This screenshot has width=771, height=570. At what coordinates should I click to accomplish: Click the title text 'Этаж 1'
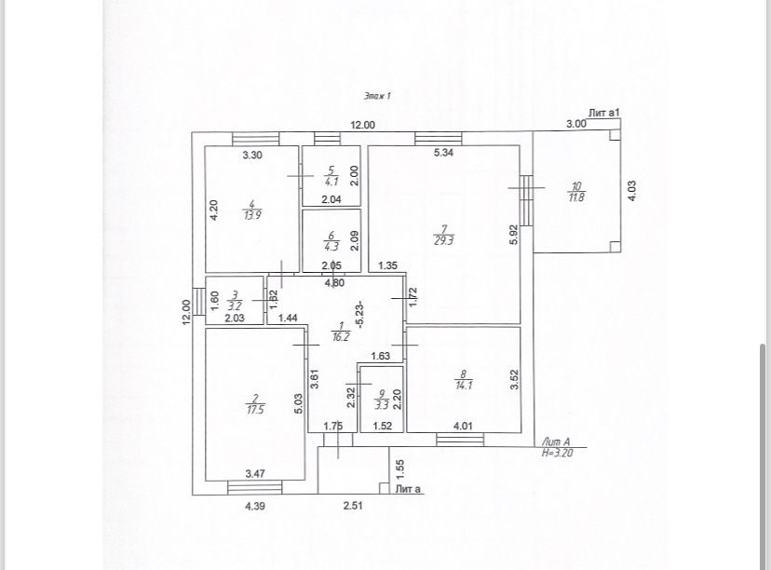click(x=377, y=95)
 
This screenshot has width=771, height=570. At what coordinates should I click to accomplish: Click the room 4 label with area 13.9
click(x=251, y=209)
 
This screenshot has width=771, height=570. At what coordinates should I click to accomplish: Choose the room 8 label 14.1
click(x=464, y=379)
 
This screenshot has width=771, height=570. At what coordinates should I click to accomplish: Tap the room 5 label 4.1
click(x=331, y=177)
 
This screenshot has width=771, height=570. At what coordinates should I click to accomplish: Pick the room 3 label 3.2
click(x=235, y=300)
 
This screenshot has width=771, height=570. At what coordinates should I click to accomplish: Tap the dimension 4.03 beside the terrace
click(x=632, y=191)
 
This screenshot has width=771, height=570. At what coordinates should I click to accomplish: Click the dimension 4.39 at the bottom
click(x=256, y=506)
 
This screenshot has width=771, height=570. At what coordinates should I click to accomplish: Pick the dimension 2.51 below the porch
click(x=353, y=506)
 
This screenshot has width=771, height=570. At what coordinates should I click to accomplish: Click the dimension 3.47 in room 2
click(x=255, y=474)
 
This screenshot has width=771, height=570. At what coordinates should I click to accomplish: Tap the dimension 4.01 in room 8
click(x=463, y=427)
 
